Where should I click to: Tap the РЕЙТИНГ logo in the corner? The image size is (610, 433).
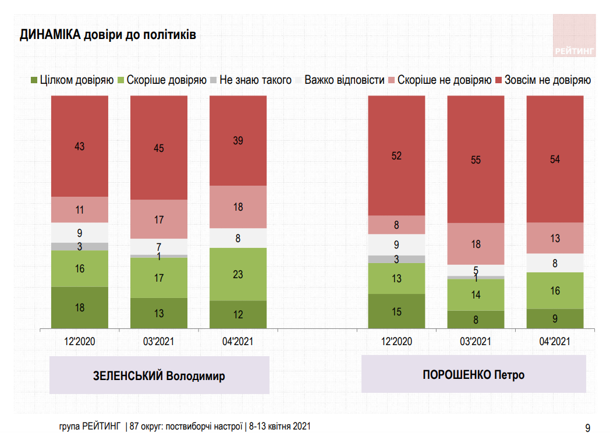(x=574, y=36)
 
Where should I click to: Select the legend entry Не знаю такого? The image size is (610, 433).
(x=251, y=80)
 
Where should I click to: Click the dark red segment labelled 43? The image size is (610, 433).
(x=80, y=146)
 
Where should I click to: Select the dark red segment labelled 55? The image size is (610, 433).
(x=476, y=159)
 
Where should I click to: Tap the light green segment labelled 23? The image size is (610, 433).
(x=238, y=274)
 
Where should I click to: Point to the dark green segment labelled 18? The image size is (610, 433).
(x=80, y=307)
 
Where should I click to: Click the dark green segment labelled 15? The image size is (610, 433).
(x=396, y=311)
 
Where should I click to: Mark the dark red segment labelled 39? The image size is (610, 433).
(x=238, y=140)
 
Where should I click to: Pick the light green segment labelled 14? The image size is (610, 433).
(x=476, y=295)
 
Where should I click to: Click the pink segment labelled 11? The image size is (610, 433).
(x=80, y=210)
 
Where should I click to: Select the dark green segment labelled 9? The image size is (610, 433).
(x=555, y=318)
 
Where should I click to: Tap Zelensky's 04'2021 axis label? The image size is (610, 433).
(x=238, y=341)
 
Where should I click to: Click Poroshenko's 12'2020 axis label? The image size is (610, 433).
(x=396, y=341)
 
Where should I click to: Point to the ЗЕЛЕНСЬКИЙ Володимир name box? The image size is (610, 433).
(x=159, y=375)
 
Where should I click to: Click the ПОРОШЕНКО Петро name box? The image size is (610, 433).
(x=473, y=374)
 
